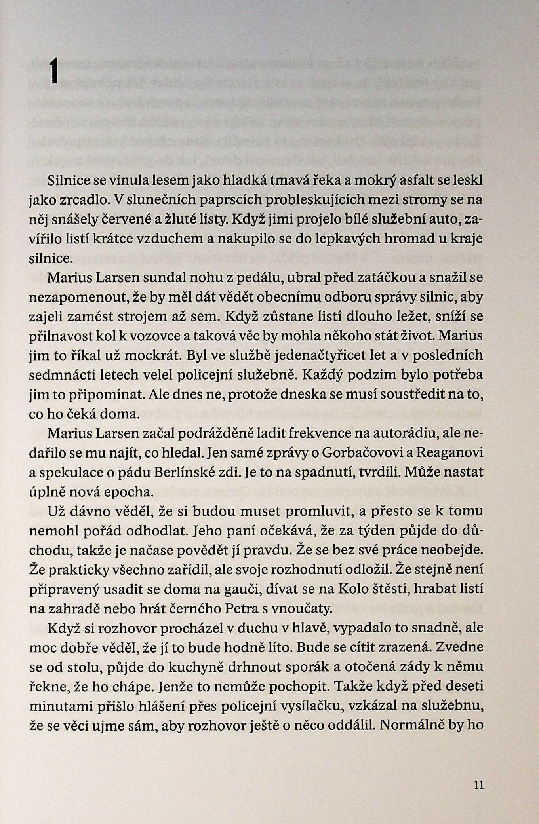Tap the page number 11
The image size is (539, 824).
click(478, 785)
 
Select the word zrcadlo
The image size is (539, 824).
click(82, 200)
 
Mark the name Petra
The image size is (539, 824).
click(251, 608)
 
